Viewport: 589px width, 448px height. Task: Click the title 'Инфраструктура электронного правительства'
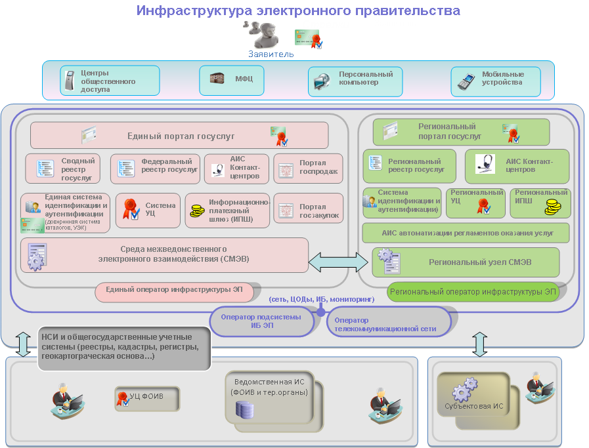[x=298, y=10]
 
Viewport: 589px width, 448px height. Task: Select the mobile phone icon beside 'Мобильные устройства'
[x=467, y=81]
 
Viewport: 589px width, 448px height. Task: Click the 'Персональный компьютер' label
[x=365, y=79]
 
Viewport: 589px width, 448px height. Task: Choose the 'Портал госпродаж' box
[x=308, y=169]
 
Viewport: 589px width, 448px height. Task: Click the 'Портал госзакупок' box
[x=308, y=208]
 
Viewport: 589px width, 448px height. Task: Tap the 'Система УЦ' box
[x=148, y=210]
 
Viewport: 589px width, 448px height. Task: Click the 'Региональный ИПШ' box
[x=540, y=203]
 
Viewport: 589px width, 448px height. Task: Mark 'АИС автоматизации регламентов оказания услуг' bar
[x=466, y=233]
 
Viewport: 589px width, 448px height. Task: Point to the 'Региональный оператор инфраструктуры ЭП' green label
[x=473, y=292]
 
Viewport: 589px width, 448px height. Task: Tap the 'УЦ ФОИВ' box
[x=148, y=396]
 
